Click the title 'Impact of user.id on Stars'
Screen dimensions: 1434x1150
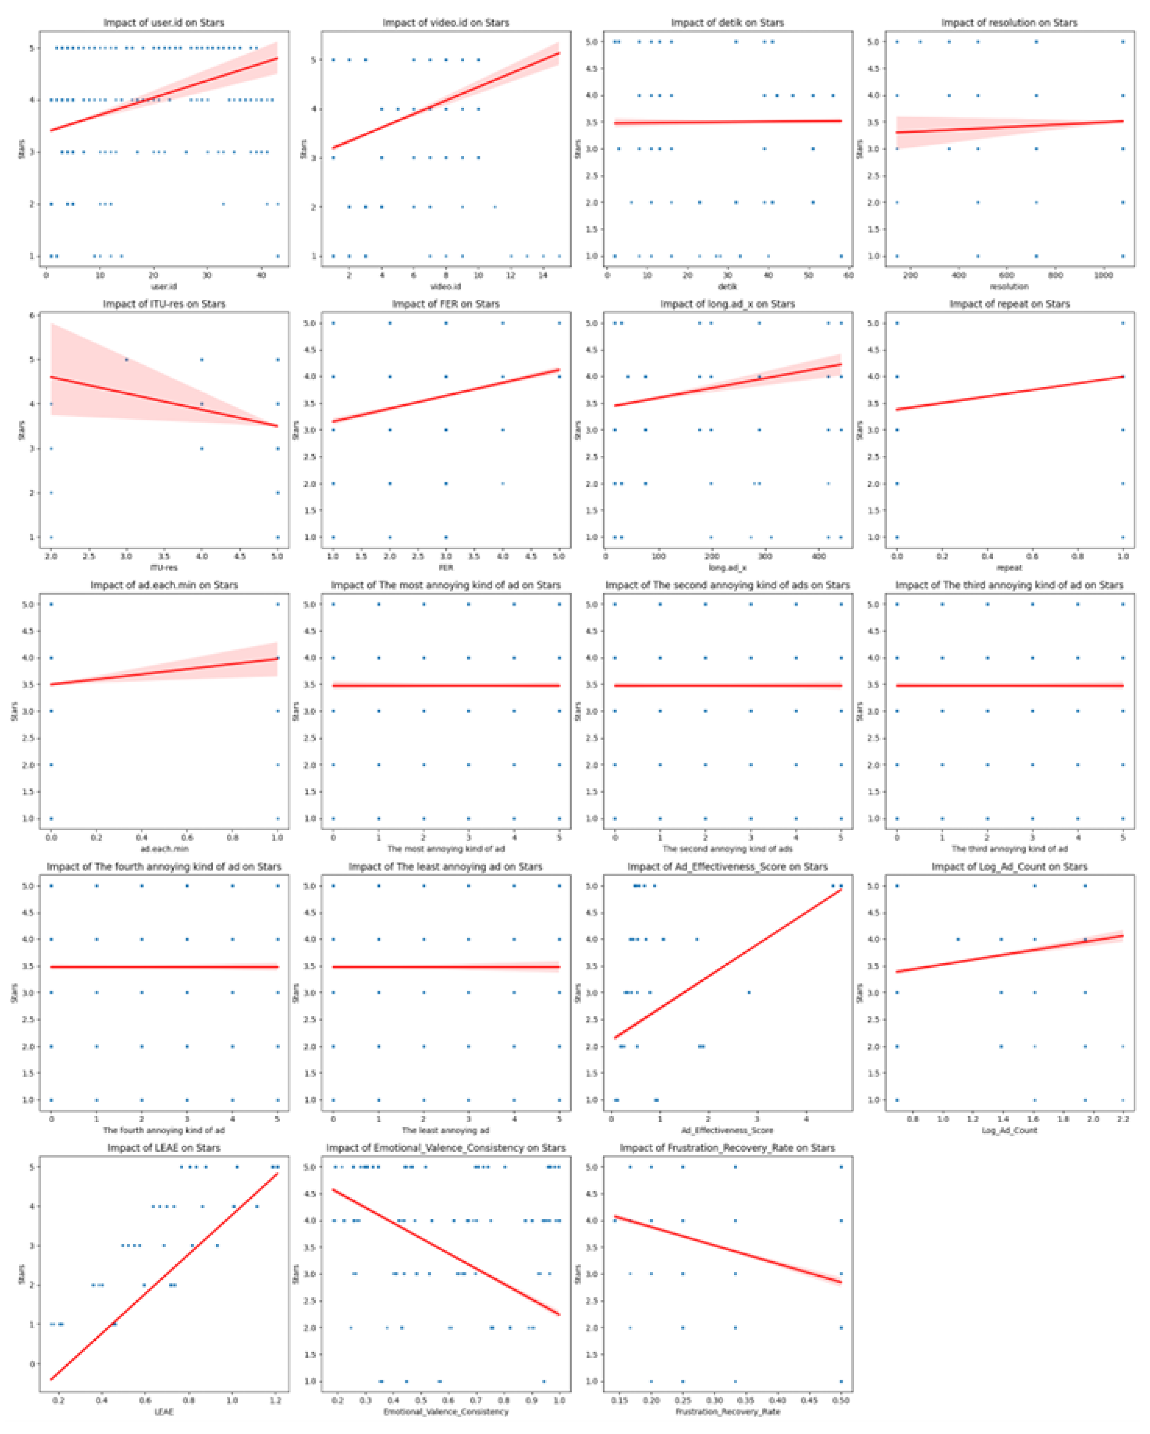point(164,23)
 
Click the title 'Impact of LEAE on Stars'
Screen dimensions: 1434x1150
point(164,1148)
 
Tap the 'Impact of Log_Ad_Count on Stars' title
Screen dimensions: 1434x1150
point(1009,867)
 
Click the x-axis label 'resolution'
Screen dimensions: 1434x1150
point(1009,287)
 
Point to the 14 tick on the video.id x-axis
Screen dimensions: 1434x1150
point(543,275)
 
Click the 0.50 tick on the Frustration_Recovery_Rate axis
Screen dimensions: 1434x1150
point(841,1401)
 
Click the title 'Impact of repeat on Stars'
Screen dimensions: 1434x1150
point(1009,304)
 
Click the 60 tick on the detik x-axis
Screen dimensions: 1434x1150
point(848,275)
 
